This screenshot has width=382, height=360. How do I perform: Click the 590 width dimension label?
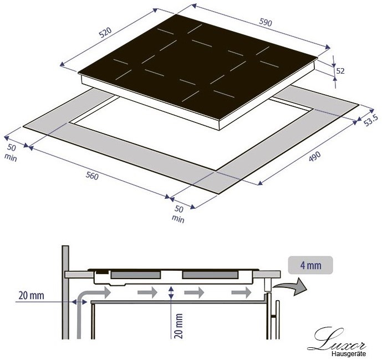pos(266,22)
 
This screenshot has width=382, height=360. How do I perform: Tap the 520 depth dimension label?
pos(105,32)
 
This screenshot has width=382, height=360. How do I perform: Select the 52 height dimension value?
pos(340,71)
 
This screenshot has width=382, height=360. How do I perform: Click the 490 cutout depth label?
pos(314,157)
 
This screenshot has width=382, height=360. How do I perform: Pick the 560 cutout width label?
pos(92,176)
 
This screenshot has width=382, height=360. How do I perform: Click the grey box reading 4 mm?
pos(310,265)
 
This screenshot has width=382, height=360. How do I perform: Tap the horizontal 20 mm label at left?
pos(32,296)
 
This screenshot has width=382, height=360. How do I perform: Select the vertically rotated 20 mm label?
pos(179,326)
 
